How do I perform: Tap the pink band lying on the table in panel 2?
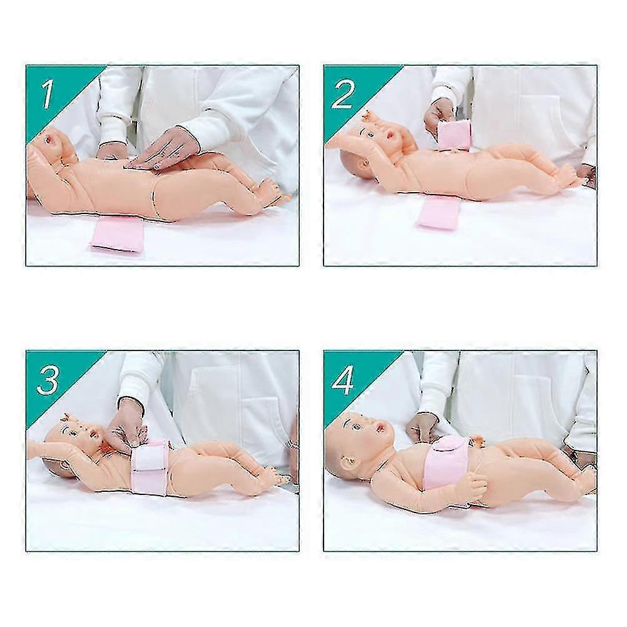click(x=439, y=212)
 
